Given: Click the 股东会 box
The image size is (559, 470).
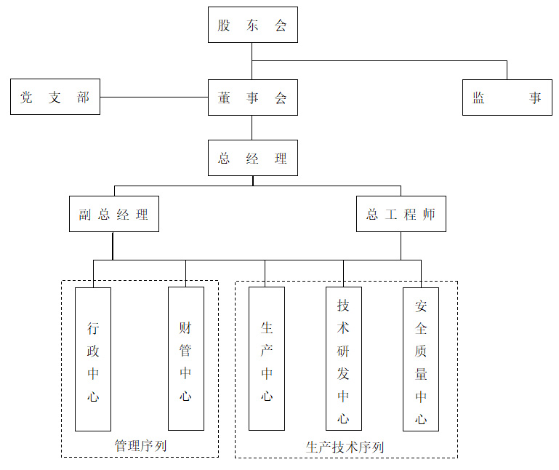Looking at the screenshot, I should (252, 25).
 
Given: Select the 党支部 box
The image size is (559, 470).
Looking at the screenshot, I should (55, 97).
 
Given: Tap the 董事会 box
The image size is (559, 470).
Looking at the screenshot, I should (252, 97).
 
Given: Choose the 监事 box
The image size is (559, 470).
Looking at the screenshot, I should (507, 97).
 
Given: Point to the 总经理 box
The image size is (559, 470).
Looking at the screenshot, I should (252, 158).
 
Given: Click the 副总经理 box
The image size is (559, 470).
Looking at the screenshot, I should (113, 214).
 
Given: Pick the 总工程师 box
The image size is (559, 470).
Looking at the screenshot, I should (401, 214).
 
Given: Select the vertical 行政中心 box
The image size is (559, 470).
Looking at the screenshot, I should (93, 359).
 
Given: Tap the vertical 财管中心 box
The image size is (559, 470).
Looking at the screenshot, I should (185, 359).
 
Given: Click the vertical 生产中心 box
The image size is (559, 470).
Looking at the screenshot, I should (267, 359).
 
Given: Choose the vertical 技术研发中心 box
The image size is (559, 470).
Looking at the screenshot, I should (343, 359).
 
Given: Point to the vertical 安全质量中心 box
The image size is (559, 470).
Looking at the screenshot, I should (421, 359).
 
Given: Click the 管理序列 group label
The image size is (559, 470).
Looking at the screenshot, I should (140, 445).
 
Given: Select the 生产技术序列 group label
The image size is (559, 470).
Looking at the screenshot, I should (345, 447).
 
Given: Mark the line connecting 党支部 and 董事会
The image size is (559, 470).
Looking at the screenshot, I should (153, 97).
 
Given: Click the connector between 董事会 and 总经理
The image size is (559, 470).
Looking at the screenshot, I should (252, 127).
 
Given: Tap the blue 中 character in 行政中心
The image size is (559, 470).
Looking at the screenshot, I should (93, 374).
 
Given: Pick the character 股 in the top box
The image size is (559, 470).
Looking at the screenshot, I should (224, 25).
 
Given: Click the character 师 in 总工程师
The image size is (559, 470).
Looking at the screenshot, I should (430, 215).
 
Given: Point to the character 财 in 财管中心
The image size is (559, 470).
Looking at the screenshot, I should (185, 327).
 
